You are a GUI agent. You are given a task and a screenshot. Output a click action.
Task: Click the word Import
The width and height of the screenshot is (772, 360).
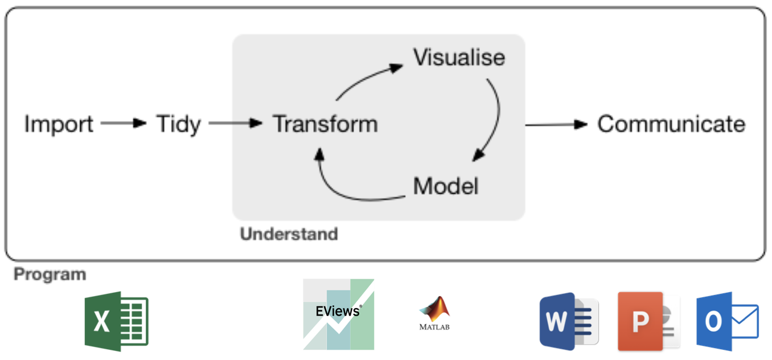click(x=59, y=124)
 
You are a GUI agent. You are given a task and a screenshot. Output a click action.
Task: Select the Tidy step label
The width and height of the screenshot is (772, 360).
click(x=178, y=124)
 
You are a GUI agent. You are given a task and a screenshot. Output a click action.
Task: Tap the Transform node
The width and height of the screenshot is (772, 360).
click(x=325, y=124)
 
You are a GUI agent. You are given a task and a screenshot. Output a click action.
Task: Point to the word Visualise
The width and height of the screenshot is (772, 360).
click(x=459, y=58)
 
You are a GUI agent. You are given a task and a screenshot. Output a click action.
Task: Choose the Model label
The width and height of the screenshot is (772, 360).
click(x=446, y=186)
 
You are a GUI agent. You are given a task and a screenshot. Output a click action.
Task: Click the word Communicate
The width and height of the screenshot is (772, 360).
click(x=671, y=124)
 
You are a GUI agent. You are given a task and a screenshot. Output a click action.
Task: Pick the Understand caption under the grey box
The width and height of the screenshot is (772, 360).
click(x=289, y=234)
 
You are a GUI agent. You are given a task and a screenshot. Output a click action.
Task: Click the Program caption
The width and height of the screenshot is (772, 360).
click(x=50, y=275)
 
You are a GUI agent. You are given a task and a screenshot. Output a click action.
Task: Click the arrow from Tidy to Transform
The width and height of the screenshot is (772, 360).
click(x=235, y=123)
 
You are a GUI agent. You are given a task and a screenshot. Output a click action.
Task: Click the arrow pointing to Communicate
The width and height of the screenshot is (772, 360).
click(x=556, y=124)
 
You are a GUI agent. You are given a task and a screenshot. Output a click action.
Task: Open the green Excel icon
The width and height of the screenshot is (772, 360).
click(x=117, y=321)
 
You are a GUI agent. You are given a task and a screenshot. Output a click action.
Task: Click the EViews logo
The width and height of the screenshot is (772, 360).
click(x=339, y=314)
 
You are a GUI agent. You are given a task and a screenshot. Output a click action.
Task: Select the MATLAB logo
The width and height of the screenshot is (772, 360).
click(x=434, y=313)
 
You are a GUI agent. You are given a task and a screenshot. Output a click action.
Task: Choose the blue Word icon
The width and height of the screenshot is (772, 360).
click(x=569, y=321)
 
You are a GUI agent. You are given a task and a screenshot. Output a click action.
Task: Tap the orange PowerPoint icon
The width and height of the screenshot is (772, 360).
click(x=648, y=321)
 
